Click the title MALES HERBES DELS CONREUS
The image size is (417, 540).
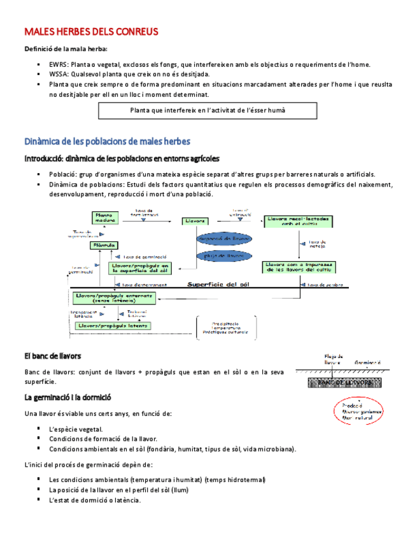click(x=91, y=31)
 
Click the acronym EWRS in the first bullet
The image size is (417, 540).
click(x=59, y=64)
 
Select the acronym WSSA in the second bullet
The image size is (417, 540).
click(x=59, y=74)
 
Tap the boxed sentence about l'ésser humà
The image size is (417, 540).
click(x=208, y=110)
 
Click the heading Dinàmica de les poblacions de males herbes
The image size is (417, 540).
click(x=107, y=141)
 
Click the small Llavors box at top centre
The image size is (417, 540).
click(x=195, y=221)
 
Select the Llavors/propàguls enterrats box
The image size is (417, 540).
click(x=114, y=297)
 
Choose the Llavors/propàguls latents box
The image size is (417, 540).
click(x=114, y=325)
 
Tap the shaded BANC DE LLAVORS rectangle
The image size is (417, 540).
click(x=345, y=382)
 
